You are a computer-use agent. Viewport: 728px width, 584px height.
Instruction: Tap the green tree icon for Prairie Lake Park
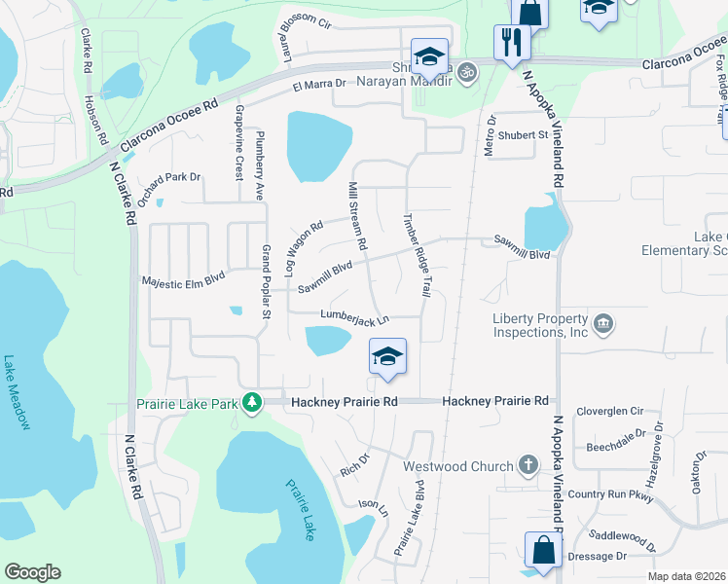click(252, 402)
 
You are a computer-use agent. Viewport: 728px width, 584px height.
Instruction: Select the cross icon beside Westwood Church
click(528, 464)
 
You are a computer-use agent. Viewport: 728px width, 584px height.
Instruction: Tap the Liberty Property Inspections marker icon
click(602, 323)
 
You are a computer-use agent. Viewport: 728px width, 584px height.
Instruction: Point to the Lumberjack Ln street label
click(355, 318)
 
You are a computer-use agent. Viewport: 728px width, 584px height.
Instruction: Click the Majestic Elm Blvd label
click(184, 277)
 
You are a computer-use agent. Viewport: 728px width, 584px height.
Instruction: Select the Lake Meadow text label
click(17, 391)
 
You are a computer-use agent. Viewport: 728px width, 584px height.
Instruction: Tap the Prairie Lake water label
click(300, 510)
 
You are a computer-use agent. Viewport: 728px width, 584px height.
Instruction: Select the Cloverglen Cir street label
click(610, 411)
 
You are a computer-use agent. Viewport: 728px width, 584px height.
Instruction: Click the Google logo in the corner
click(33, 571)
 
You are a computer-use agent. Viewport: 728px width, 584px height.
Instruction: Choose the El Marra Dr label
click(319, 86)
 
